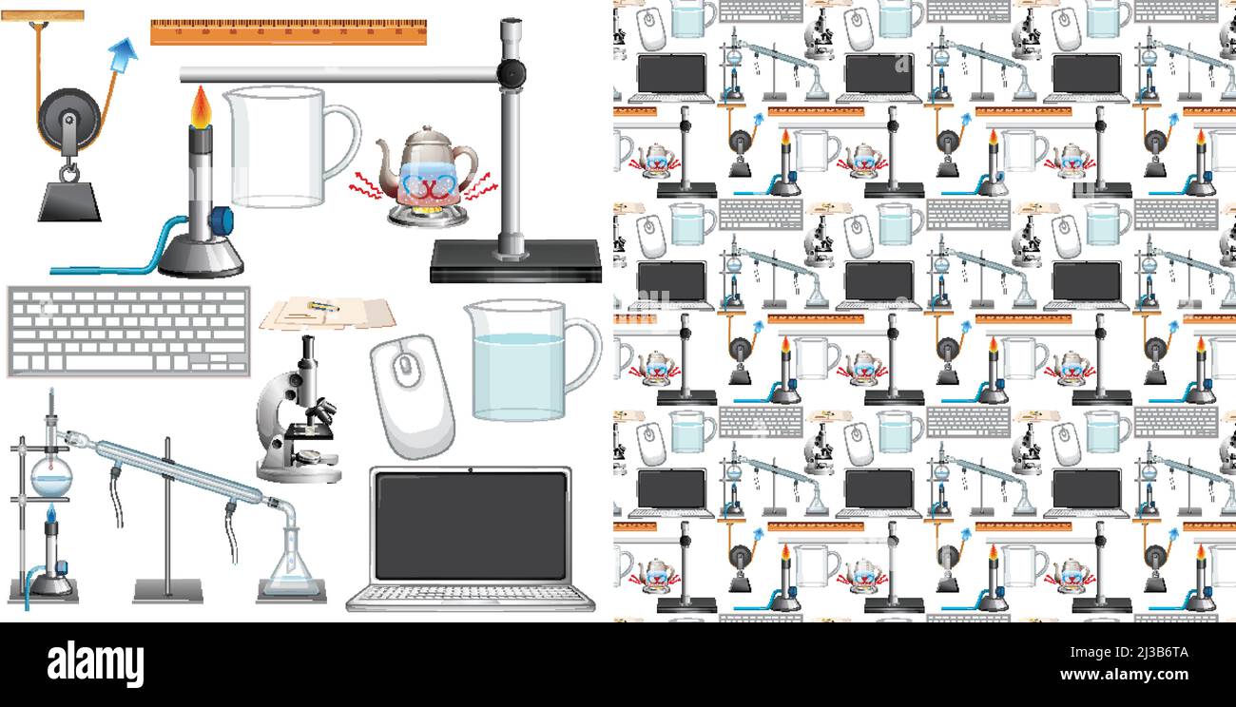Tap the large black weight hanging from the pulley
[x=69, y=201]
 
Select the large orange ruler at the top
[x=288, y=32]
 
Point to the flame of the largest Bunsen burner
[x=201, y=107]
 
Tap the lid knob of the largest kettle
[x=427, y=131]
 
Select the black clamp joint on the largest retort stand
[x=512, y=71]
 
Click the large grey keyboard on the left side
[x=128, y=330]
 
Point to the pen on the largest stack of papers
[x=322, y=306]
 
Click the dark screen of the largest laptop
[x=472, y=525]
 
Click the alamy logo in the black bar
[x=95, y=663]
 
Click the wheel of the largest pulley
[x=68, y=121]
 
